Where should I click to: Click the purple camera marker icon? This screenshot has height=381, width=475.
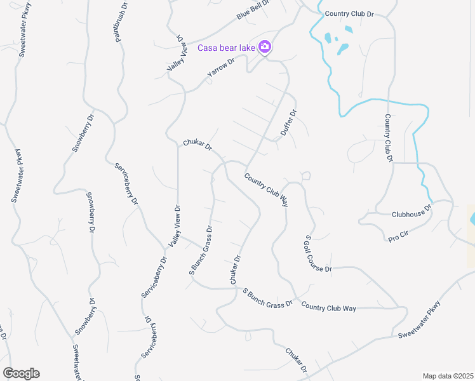click(265, 47)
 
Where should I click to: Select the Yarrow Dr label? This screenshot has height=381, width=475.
click(221, 69)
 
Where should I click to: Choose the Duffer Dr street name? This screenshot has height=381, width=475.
click(289, 124)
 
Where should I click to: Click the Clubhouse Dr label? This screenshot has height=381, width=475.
click(411, 211)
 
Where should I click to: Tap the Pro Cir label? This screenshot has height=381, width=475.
click(398, 236)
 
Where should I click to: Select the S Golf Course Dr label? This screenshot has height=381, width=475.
click(318, 254)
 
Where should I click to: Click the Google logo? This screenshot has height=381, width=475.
click(21, 373)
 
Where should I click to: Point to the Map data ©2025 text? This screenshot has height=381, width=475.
click(447, 376)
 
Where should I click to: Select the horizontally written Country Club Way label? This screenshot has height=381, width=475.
click(328, 308)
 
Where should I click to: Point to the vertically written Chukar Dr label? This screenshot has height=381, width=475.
click(234, 270)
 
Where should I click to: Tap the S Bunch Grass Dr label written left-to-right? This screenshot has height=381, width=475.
click(267, 297)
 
